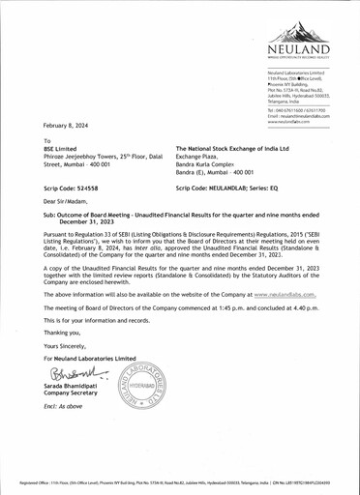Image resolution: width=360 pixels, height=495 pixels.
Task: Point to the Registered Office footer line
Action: click(x=180, y=480)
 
